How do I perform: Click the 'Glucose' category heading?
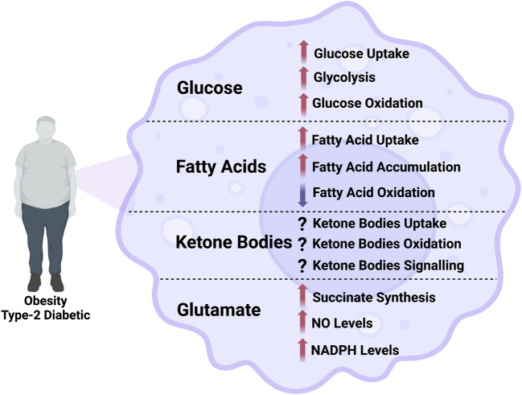pyautogui.click(x=209, y=87)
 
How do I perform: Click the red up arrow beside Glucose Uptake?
pyautogui.click(x=303, y=54)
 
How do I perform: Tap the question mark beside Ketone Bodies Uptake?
pyautogui.click(x=303, y=223)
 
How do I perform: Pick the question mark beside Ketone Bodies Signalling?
pyautogui.click(x=303, y=265)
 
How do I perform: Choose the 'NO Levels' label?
pyautogui.click(x=343, y=323)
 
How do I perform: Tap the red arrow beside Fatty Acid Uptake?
pyautogui.click(x=303, y=138)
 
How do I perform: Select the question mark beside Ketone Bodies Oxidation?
pyautogui.click(x=303, y=244)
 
